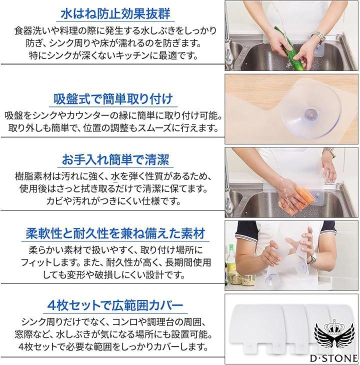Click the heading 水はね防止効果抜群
pos(115,14)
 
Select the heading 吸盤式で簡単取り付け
pos(113,98)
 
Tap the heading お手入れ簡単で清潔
pos(115,159)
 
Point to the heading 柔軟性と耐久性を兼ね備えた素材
pos(115,233)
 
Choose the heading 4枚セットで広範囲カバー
pos(115,305)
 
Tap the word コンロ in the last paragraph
pos(125,322)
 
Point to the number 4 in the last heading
pos(51,305)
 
